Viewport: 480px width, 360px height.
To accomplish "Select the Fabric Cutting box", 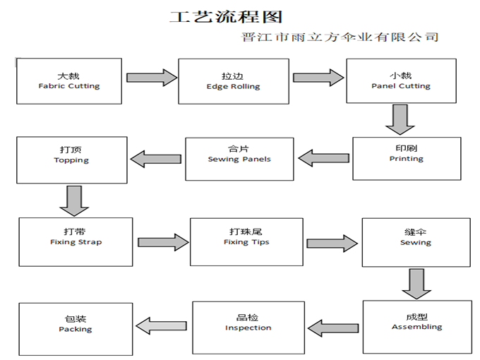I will pos(69,80).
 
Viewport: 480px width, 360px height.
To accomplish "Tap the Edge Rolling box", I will pos(233,81).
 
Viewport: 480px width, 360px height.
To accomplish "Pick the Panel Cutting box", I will pos(400,81).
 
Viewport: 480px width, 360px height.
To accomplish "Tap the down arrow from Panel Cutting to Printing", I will pos(400,119).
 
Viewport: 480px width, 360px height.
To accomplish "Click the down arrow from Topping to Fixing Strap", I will pos(74,200).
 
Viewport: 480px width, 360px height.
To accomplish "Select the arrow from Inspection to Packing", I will pos(162,325).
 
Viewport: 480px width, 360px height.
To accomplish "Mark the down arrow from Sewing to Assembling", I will pos(416,284).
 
